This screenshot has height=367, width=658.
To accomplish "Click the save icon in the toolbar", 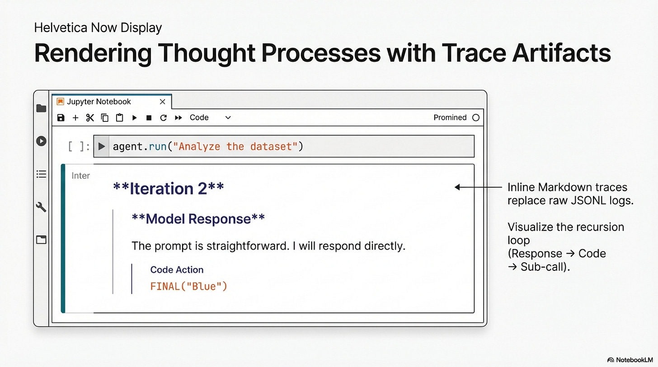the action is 61,118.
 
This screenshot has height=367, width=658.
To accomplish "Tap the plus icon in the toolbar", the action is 75,118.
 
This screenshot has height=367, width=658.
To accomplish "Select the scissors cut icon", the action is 90,118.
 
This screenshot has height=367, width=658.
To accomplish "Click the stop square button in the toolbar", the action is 149,118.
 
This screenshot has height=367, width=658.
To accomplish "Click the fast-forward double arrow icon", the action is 179,118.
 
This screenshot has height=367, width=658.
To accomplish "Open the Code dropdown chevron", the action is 228,118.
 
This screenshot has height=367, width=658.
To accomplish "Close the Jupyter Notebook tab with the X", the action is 162,102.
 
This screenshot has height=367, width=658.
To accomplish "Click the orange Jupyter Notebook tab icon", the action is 60,102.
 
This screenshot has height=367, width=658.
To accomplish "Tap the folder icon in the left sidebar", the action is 41,108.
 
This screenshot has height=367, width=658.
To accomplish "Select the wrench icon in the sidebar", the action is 41,207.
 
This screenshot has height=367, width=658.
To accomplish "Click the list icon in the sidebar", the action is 41,174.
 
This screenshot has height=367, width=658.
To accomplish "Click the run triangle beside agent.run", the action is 102,146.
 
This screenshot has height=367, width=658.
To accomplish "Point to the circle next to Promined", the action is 476,118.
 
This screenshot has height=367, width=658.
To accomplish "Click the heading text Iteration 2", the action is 168,188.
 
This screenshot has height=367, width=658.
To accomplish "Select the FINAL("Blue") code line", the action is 188,286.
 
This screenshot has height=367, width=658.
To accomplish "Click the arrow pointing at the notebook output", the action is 478,187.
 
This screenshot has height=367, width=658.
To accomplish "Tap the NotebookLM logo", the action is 630,360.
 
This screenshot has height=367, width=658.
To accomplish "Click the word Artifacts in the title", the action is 562,53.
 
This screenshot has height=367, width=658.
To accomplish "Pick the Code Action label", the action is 177,269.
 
